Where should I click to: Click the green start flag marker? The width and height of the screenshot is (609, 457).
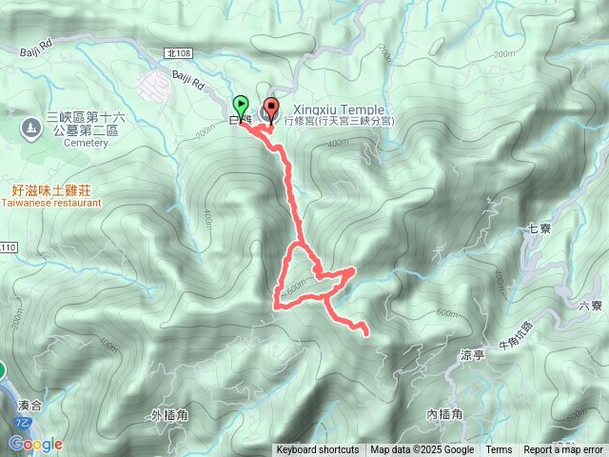240,105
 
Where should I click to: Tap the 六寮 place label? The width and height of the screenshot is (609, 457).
590,306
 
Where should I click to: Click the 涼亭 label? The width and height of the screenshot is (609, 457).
472,354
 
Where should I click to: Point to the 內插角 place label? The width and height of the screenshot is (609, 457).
444,414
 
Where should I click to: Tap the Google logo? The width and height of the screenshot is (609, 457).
35,444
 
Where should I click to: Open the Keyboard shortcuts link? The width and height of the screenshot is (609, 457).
318,450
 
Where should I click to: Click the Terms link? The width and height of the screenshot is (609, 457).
499,450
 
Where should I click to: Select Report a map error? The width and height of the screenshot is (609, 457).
564,450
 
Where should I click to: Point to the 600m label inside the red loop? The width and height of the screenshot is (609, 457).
297,283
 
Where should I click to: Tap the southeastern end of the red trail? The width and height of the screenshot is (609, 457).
366,331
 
